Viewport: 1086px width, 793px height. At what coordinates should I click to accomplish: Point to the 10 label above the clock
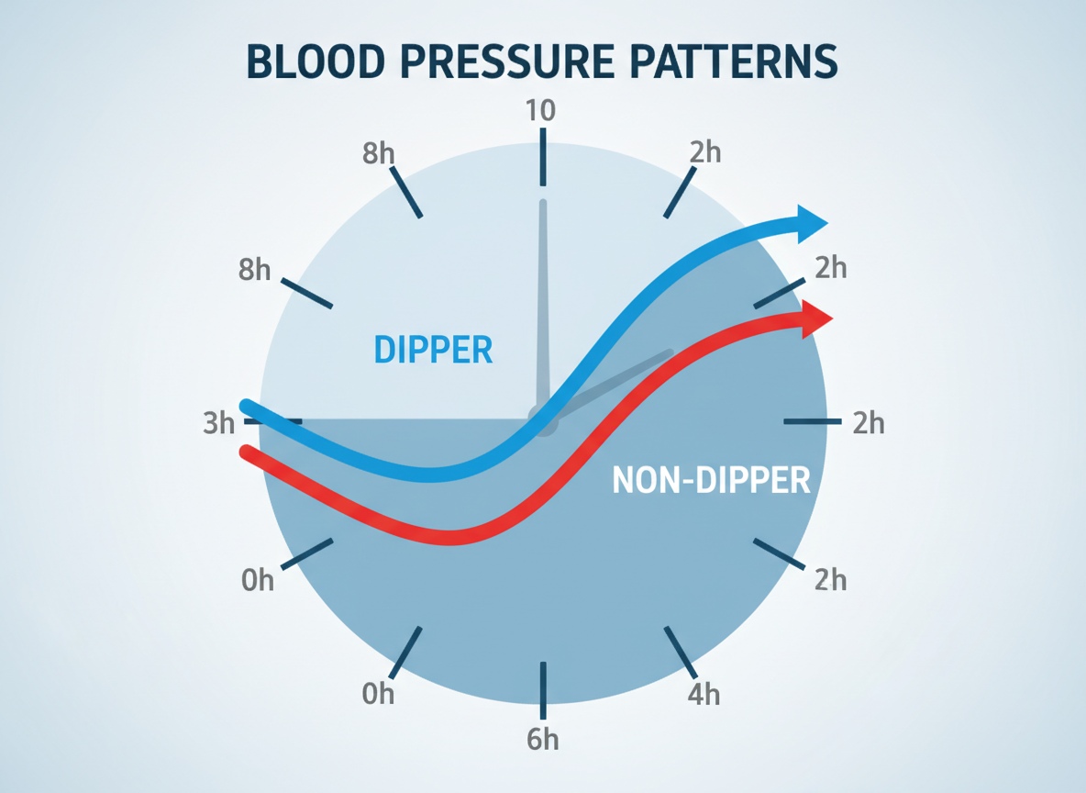[x=540, y=111]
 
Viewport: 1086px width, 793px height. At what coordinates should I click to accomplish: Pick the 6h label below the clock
[x=543, y=740]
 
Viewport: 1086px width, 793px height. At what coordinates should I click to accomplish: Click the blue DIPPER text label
[x=434, y=350]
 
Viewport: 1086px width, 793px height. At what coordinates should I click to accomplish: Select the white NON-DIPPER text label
[x=711, y=480]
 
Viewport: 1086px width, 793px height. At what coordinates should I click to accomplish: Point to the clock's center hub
[x=542, y=420]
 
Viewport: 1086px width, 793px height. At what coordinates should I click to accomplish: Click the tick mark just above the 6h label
[x=543, y=688]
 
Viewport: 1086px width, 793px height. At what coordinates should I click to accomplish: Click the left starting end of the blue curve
[x=245, y=406]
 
